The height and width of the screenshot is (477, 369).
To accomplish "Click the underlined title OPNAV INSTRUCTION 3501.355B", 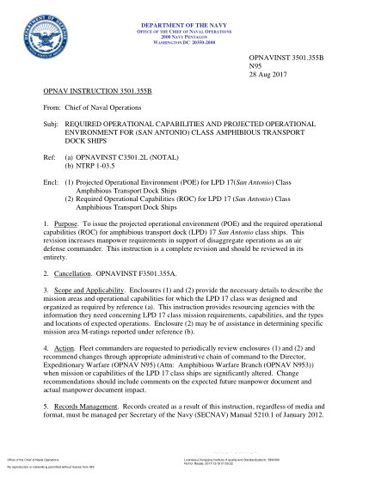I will click(x=85, y=89).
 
